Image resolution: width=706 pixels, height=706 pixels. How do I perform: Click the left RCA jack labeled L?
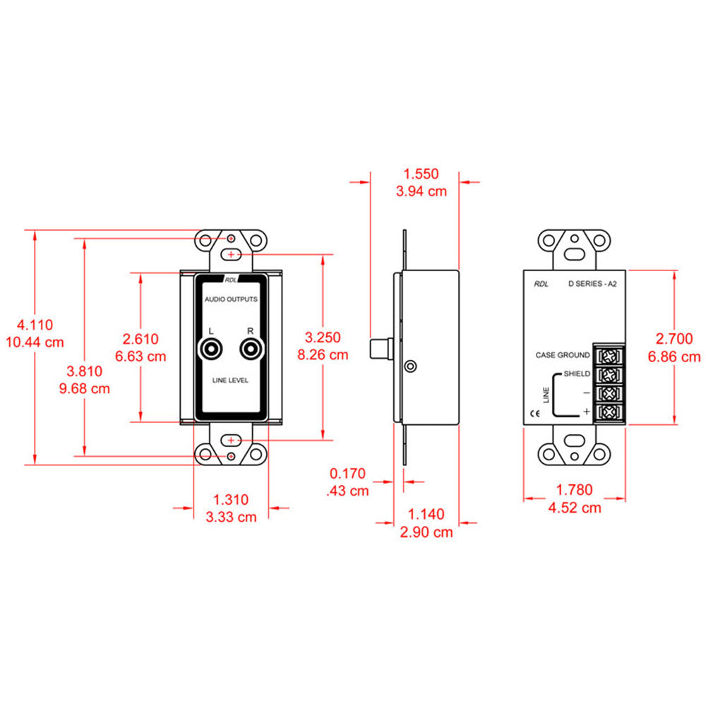point(212,349)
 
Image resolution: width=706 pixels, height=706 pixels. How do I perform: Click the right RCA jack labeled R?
point(250,349)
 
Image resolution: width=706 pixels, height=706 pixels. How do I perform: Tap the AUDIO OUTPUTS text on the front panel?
point(231,299)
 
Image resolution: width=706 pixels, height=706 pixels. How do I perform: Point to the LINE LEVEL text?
point(231,381)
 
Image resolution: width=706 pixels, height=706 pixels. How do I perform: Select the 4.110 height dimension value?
point(35,325)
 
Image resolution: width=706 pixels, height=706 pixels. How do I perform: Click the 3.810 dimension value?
point(85,371)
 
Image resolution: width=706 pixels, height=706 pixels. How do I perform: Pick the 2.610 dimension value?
point(141,339)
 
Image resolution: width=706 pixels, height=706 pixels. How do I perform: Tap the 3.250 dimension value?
point(323,337)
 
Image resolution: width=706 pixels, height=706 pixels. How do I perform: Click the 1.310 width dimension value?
point(232,500)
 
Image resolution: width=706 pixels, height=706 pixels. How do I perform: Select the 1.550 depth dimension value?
point(421,174)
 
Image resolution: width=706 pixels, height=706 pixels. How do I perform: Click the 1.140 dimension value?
point(426,515)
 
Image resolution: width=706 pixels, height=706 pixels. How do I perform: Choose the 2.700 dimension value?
point(674,340)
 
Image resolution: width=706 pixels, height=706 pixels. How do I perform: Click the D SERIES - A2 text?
point(594,285)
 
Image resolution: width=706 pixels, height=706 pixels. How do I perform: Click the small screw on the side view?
point(410,366)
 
